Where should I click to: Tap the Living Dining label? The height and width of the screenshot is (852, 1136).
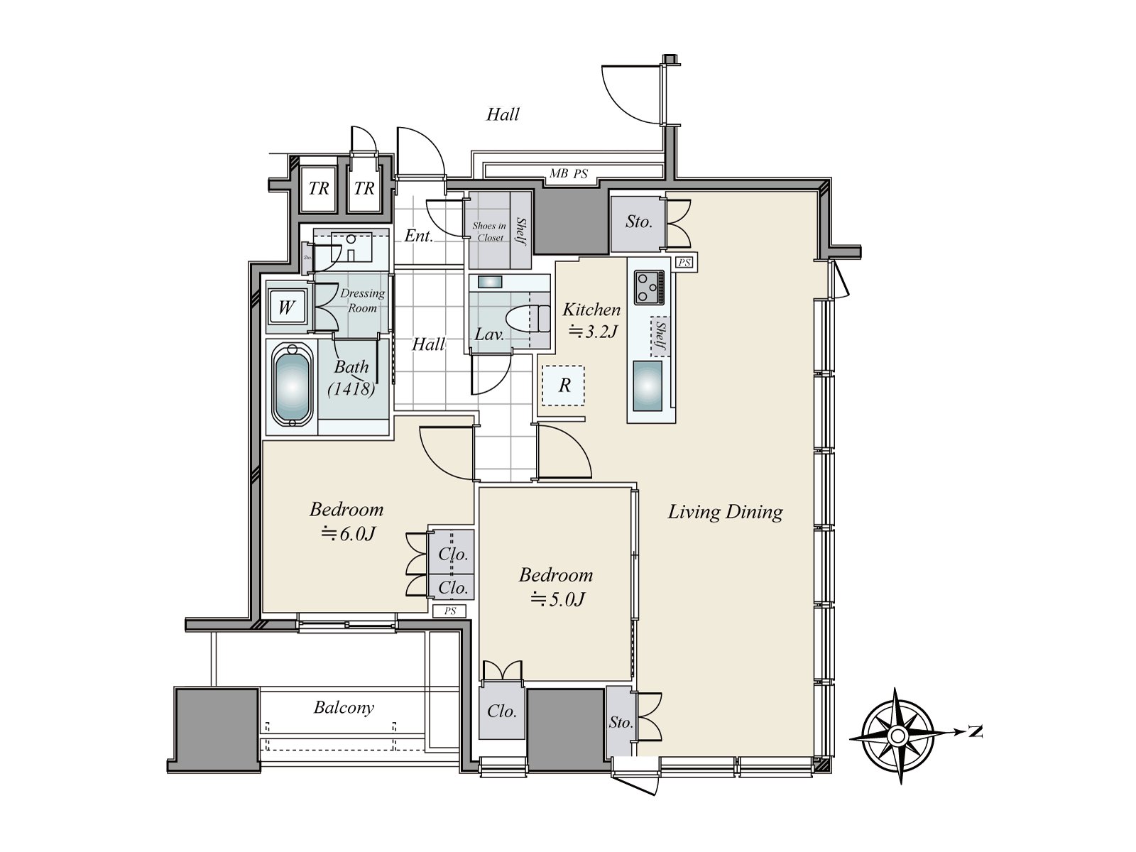(x=725, y=512)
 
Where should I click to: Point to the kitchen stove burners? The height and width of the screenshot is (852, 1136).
(x=648, y=286)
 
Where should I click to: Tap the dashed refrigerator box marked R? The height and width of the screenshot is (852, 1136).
(x=564, y=386)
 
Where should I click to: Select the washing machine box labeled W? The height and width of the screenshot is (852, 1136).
(x=286, y=307)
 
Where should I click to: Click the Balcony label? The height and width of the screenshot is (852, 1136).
(x=344, y=708)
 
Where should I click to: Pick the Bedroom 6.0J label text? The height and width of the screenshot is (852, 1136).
(x=346, y=510)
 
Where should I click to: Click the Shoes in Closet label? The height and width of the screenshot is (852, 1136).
(x=489, y=231)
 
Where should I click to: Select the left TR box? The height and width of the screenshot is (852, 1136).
(x=319, y=188)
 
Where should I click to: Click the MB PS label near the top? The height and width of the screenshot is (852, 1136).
(x=568, y=173)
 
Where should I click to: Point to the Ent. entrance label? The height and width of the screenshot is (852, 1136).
(x=419, y=236)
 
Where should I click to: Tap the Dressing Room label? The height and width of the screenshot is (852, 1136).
(x=362, y=300)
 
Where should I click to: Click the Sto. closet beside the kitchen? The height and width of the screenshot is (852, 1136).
(x=638, y=223)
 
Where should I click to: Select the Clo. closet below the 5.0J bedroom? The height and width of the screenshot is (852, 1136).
(x=501, y=711)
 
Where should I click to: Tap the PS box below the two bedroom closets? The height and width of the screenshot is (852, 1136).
(x=449, y=611)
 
